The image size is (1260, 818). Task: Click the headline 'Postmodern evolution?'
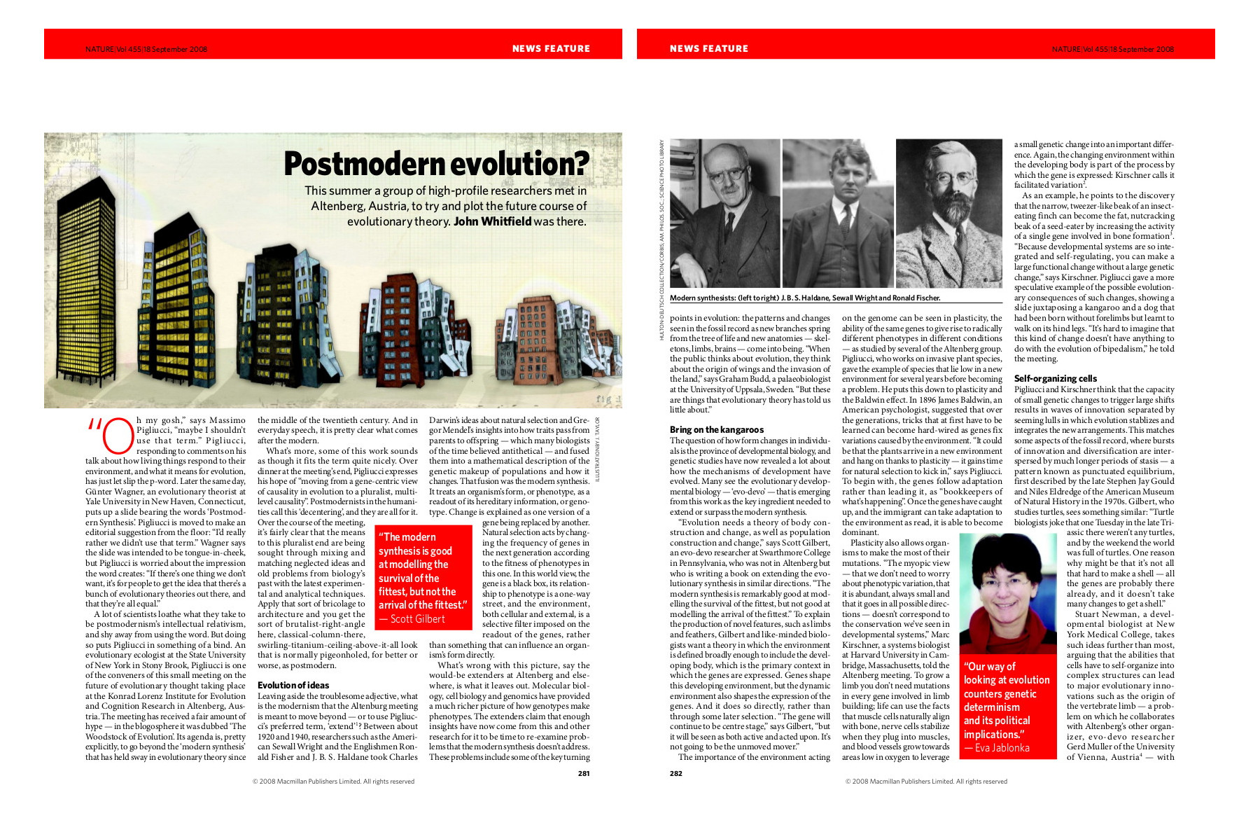click(x=436, y=164)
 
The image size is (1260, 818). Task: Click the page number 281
click(x=584, y=773)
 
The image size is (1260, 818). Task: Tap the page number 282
click(x=675, y=773)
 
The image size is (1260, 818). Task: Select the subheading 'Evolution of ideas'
click(x=293, y=685)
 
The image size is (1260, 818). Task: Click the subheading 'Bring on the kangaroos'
click(x=716, y=429)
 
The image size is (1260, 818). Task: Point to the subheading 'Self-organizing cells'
click(x=1055, y=378)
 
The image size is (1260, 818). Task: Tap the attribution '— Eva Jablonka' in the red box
click(x=996, y=748)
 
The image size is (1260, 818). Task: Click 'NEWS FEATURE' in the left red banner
click(x=551, y=48)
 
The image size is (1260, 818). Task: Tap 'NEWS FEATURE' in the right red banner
click(x=708, y=48)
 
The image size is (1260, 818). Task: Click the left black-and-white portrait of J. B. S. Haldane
click(x=724, y=213)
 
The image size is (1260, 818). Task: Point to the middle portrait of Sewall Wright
click(x=838, y=213)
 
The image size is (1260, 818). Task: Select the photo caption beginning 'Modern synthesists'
click(x=804, y=298)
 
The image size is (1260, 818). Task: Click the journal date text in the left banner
click(x=146, y=49)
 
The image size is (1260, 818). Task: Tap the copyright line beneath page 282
click(x=925, y=782)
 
